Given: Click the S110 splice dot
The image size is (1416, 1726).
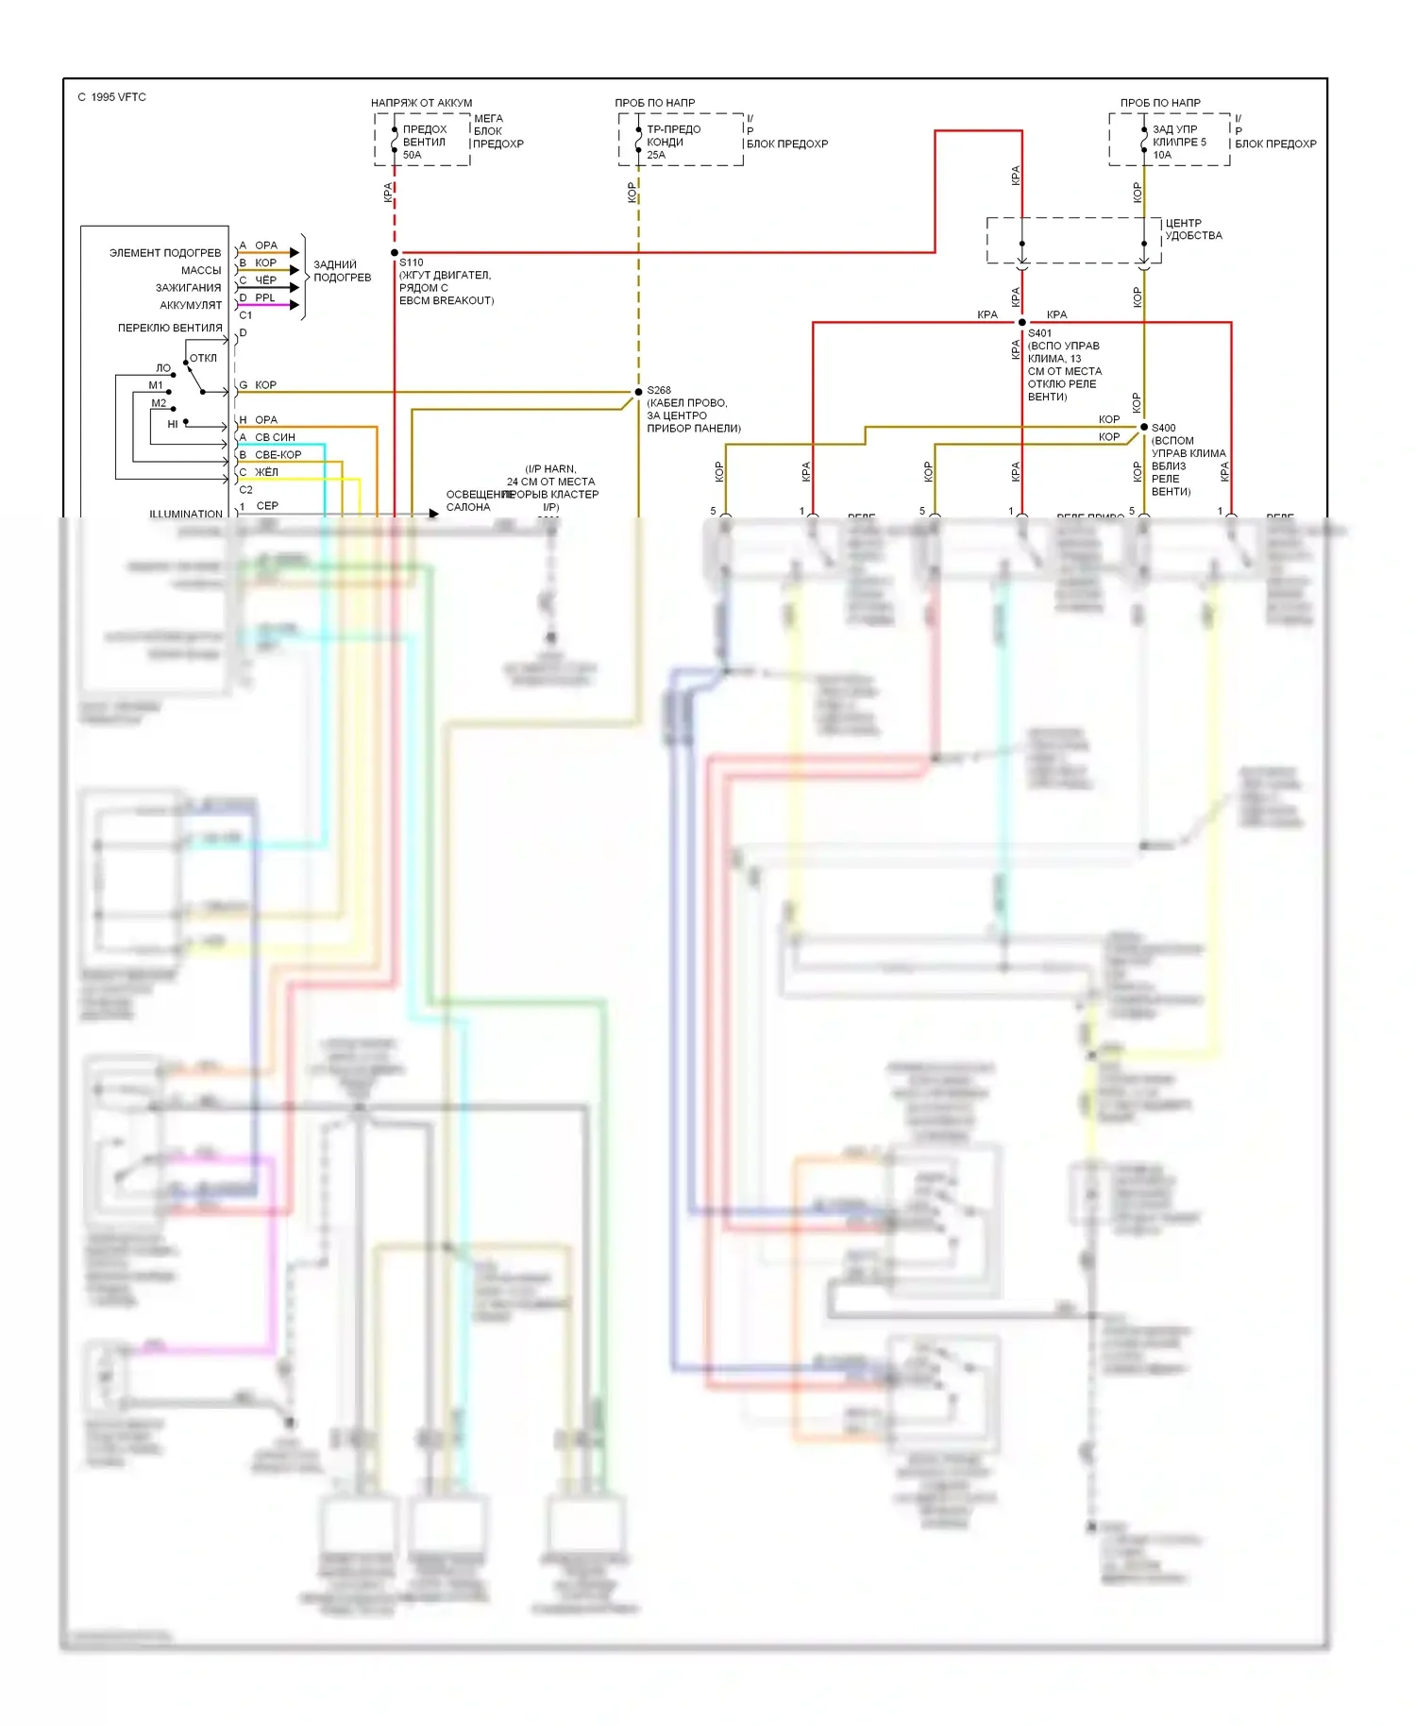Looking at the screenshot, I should coord(395,253).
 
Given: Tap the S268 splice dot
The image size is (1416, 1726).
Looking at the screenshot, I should coord(639,392).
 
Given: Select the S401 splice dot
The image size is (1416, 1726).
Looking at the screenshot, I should coord(1022,323).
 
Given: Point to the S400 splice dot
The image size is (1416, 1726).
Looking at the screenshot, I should coord(1144,427).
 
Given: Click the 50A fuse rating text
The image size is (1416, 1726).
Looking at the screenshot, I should coord(413,155).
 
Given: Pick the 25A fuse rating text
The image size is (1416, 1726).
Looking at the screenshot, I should coord(656,155).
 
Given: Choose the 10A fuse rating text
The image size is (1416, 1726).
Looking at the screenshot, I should coord(1162,155).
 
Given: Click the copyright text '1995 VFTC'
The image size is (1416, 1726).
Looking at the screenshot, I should coord(112,97).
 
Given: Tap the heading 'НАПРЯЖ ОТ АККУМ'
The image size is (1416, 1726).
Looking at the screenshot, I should coord(421,103).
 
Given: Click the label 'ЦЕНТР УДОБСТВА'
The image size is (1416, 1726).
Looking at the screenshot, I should coord(1193,229).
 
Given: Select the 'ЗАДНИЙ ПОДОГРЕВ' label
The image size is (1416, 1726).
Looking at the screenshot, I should coord(342,271).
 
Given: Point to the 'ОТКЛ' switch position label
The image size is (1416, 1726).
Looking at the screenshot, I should coord(203,358).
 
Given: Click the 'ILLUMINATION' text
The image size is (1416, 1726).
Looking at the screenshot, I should coord(186,514).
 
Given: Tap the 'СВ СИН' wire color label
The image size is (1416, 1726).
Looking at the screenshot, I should coord(275,437).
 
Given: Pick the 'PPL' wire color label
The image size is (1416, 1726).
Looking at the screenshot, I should coord(265,297).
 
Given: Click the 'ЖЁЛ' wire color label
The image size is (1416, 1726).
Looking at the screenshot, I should coord(266,472).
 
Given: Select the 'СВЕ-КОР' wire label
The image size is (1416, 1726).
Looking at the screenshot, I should coord(278,454).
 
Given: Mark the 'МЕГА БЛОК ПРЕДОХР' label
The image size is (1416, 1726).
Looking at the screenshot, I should coord(497,131).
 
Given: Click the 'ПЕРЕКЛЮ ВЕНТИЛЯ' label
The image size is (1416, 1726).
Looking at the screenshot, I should coord(170,328).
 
